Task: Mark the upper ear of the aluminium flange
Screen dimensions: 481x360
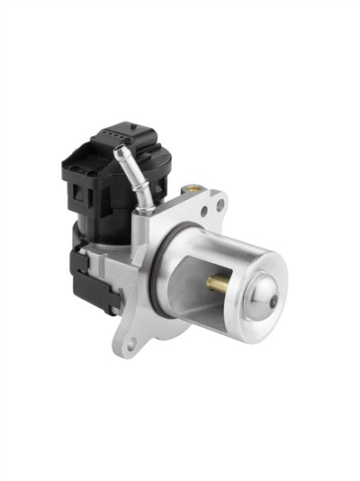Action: click(209, 203)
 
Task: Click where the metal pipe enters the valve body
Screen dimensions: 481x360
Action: click(142, 207)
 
